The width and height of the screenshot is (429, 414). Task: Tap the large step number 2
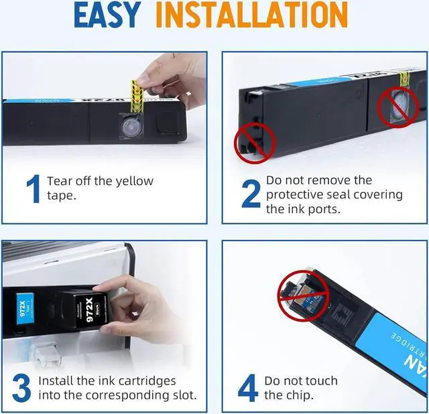pyautogui.click(x=251, y=194)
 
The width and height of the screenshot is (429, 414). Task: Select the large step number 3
pyautogui.click(x=21, y=389)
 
